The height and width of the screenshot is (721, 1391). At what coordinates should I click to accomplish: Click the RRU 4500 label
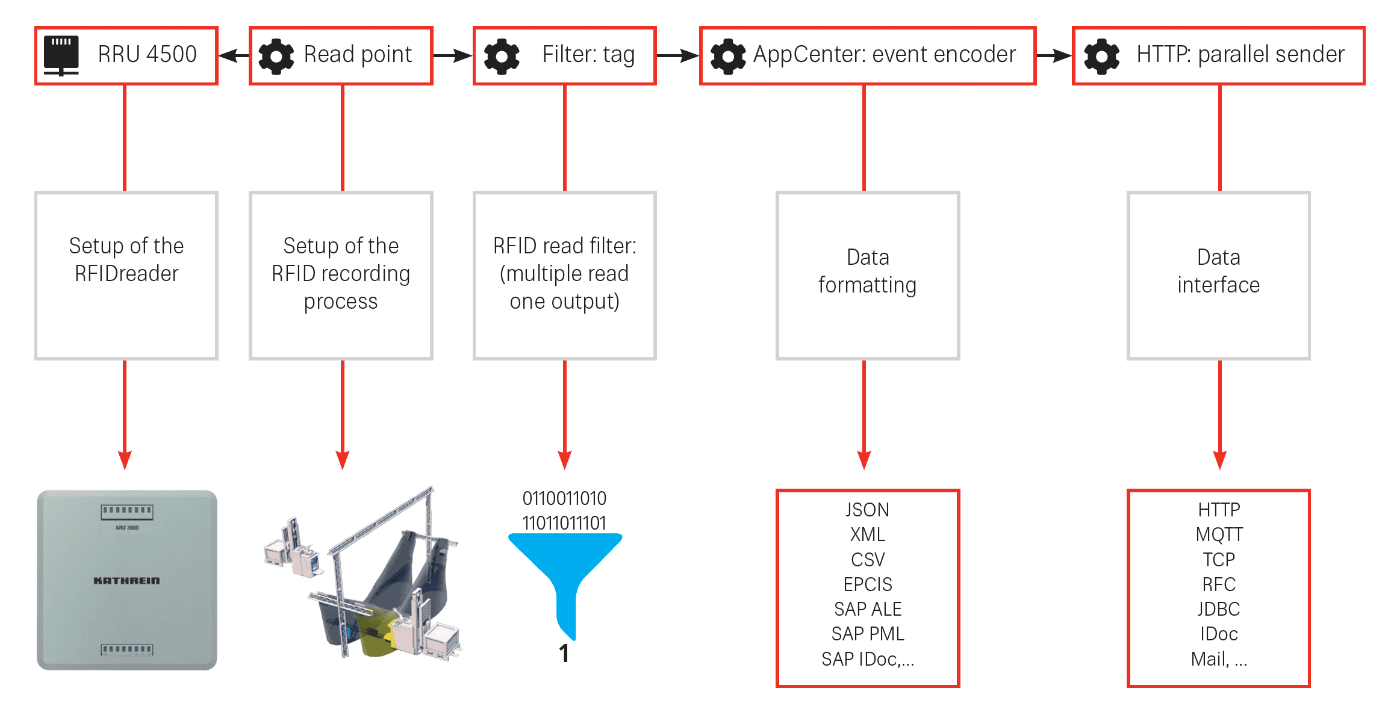pos(147,55)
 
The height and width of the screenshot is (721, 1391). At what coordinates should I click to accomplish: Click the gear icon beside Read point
pos(276,56)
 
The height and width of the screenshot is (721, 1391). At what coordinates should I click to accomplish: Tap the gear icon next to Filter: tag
pos(502,56)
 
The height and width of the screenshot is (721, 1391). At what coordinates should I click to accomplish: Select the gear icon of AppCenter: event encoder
pos(728,56)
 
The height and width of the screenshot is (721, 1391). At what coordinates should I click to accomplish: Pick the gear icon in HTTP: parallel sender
pos(1101,56)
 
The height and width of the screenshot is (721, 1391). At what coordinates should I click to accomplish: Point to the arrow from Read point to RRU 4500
pos(234,56)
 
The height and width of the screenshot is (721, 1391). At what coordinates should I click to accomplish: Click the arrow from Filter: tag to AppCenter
pos(677,56)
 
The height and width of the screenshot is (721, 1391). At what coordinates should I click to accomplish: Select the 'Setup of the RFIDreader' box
pos(126,275)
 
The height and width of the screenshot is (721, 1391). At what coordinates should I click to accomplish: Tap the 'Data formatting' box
pos(868,275)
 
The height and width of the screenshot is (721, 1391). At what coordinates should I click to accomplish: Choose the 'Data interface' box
pos(1218,275)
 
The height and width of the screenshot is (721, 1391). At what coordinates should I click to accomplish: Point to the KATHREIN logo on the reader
pos(126,581)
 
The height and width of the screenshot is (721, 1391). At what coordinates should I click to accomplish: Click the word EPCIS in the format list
pos(868,584)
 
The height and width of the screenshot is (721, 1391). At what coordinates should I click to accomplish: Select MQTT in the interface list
pos(1219,534)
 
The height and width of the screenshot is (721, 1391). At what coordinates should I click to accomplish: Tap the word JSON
pos(868,510)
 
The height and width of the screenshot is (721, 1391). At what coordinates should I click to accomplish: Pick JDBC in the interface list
pos(1219,609)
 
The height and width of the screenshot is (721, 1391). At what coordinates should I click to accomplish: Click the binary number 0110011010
pos(564,498)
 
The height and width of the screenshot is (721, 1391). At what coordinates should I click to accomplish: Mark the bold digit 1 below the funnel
pos(564,654)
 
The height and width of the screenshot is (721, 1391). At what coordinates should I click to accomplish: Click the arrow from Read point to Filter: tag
pos(453,56)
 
